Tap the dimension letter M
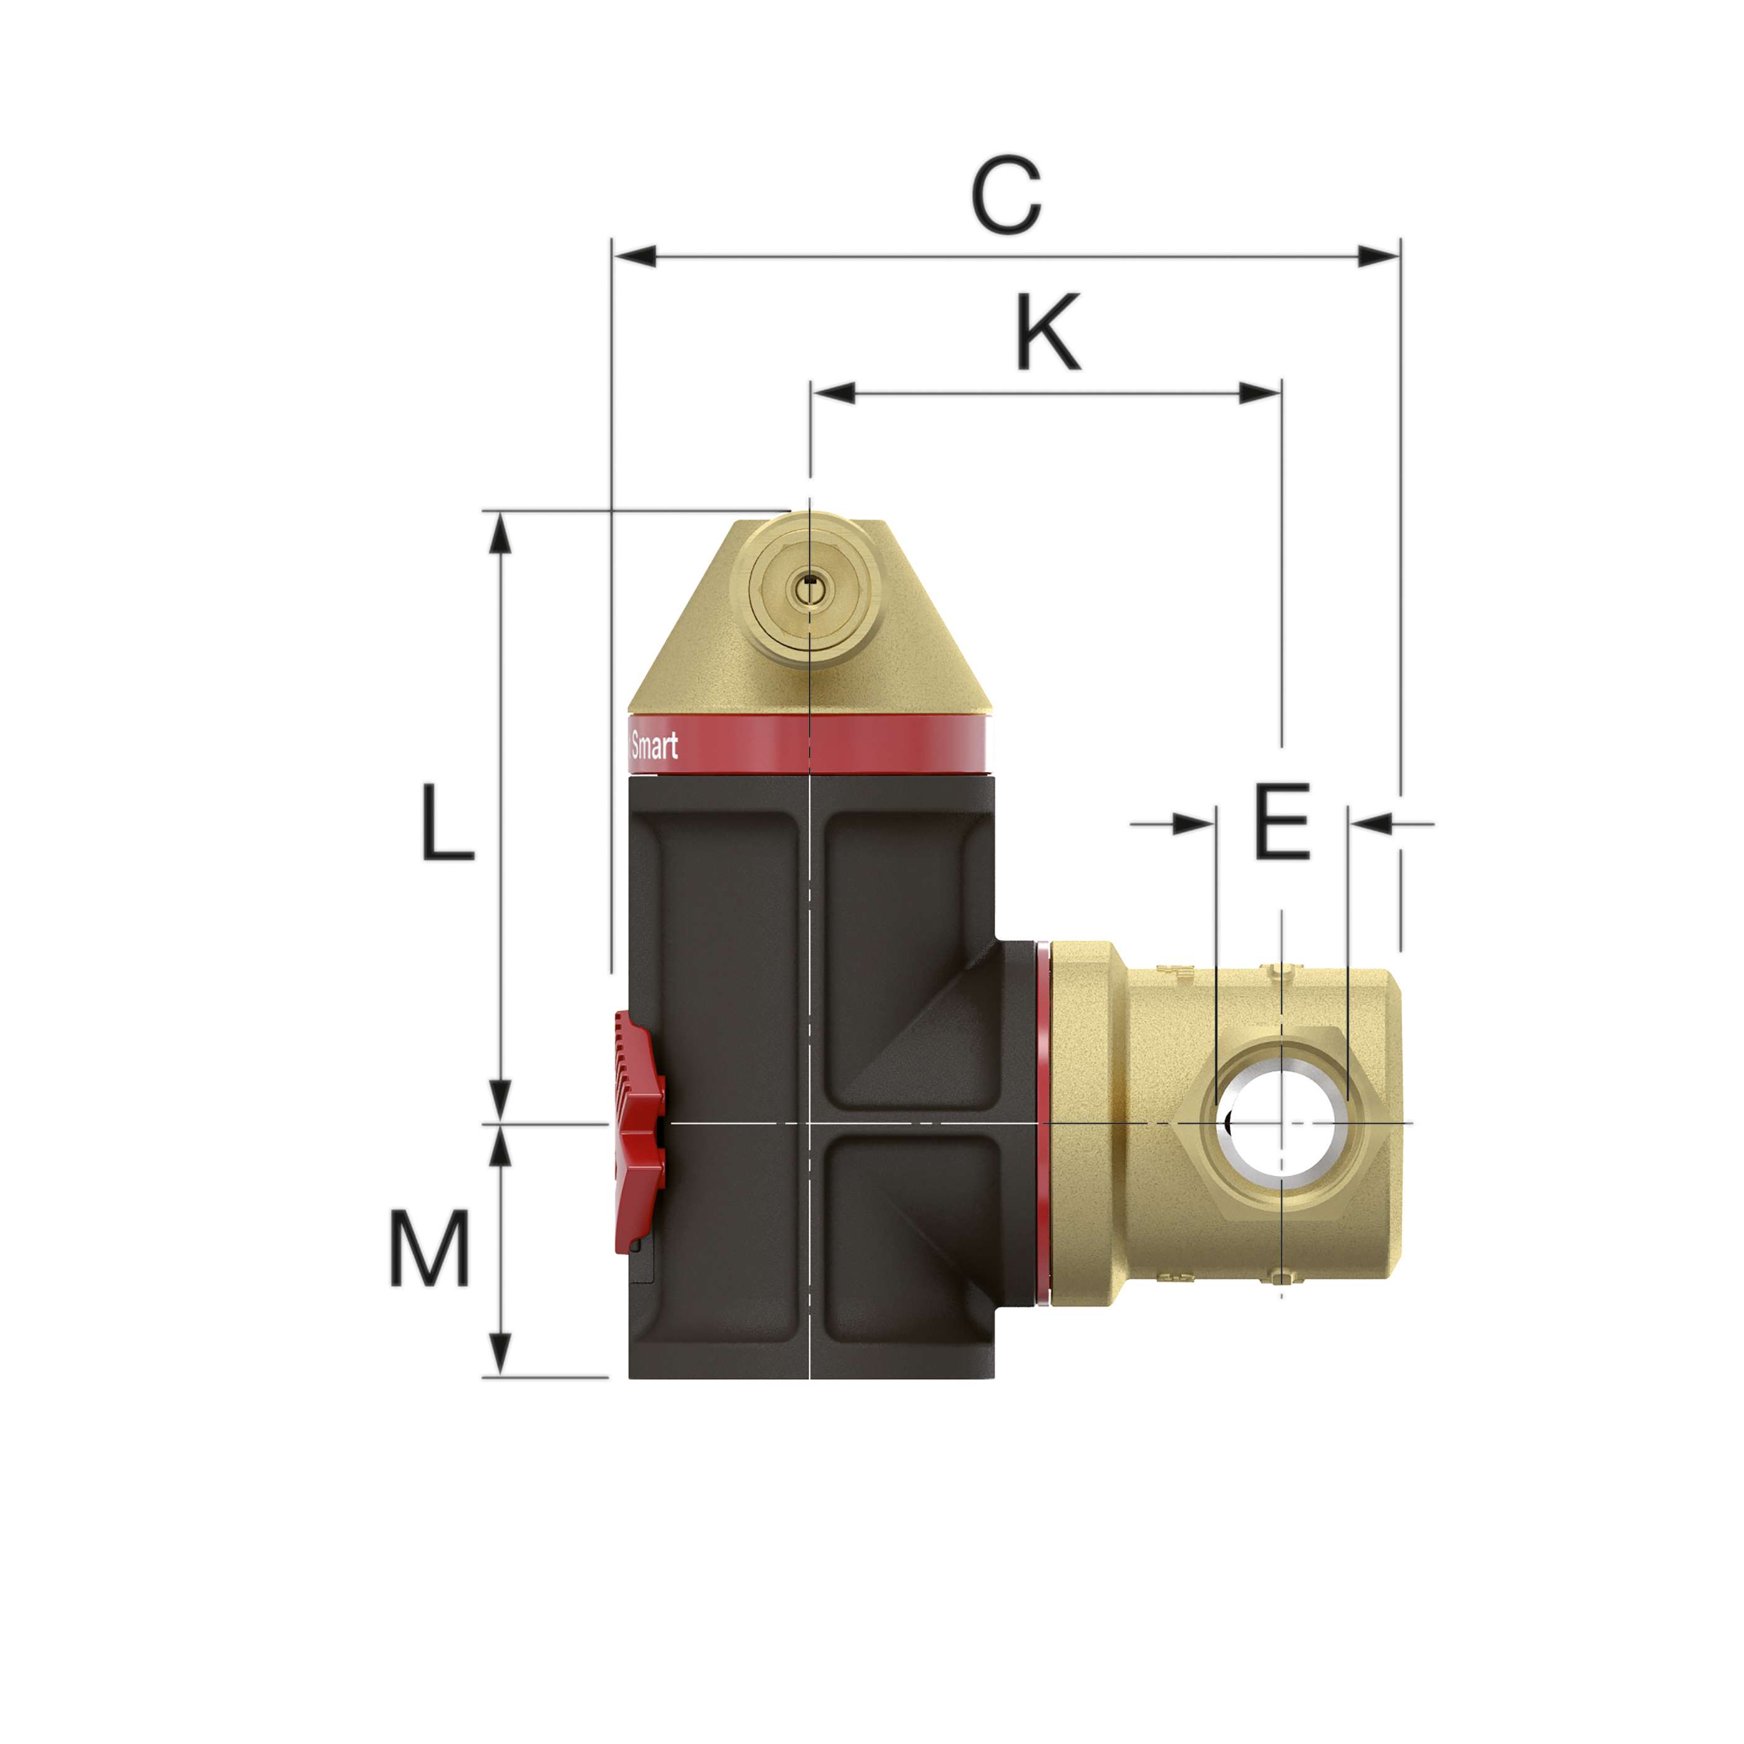[x=430, y=1248]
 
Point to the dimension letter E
[x=1282, y=822]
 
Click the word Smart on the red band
[x=655, y=746]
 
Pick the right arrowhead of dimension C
[x=1378, y=257]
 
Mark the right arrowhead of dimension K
[x=1260, y=392]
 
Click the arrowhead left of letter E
[x=1194, y=823]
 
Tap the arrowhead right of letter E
[x=1371, y=823]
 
